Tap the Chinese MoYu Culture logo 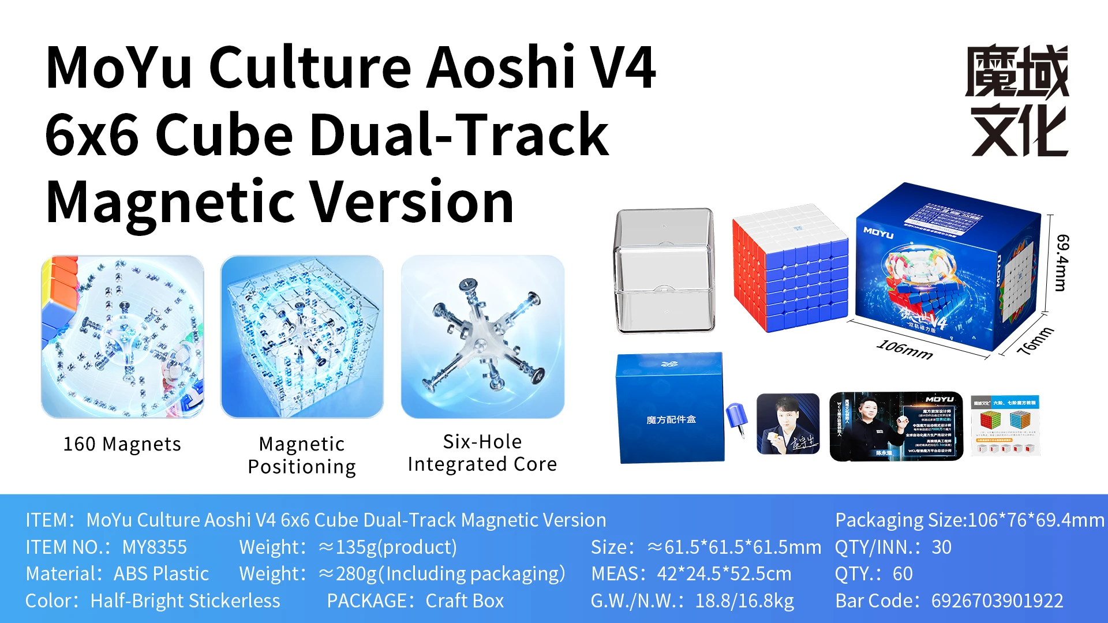coord(1018,100)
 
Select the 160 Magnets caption coord(122,444)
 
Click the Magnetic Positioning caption coord(302,455)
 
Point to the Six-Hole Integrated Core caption coord(482,453)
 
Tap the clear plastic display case coord(664,271)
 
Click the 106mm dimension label coord(904,349)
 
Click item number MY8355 coord(155,547)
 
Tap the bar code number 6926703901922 coord(997,601)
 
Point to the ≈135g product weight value coord(387,547)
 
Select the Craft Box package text coord(465,601)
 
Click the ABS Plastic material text coord(161,573)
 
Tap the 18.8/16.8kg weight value coord(744,601)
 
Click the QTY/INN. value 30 coord(941,547)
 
